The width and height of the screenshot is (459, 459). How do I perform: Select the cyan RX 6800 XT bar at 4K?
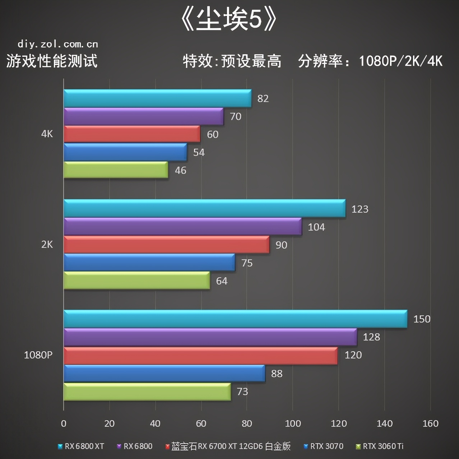point(157,98)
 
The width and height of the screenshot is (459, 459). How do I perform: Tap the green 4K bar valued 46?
point(116,170)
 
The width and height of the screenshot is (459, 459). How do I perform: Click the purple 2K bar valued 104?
point(182,227)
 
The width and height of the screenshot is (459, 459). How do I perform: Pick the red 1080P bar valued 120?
point(200,356)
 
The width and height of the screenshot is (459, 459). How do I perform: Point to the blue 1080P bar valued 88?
point(164,374)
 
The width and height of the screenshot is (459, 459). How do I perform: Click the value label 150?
point(422,319)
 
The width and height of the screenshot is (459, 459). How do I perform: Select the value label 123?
point(360,209)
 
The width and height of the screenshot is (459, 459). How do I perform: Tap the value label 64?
point(222,281)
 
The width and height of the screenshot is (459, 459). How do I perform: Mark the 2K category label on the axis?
point(47,245)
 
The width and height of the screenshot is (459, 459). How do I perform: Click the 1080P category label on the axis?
point(38,355)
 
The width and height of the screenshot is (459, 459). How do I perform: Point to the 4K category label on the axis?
point(47,134)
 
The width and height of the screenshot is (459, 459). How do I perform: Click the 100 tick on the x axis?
point(293,423)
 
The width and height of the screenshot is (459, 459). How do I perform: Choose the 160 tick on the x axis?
point(430,423)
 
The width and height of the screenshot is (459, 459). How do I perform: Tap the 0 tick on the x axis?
point(64,423)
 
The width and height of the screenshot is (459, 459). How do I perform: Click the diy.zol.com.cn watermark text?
point(58,44)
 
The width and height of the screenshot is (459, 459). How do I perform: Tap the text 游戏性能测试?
point(52,61)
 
